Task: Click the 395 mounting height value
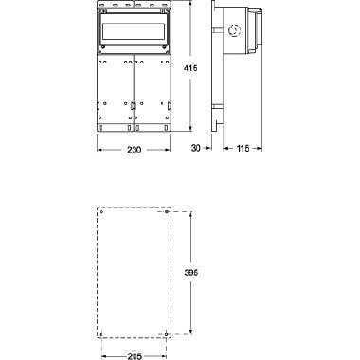190,273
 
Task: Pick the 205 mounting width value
135,356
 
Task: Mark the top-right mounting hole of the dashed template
168,213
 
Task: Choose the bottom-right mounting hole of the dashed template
168,333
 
